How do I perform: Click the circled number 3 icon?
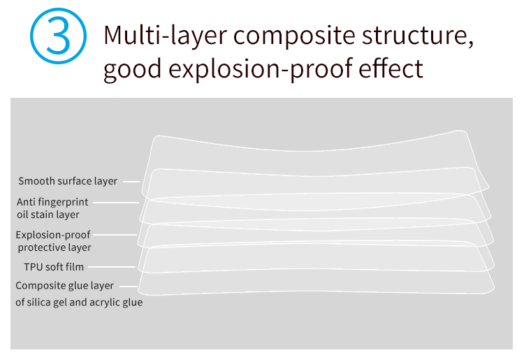(x=58, y=36)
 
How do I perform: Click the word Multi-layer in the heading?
(x=166, y=36)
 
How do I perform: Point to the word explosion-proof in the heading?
(x=261, y=69)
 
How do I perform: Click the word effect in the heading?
(x=391, y=68)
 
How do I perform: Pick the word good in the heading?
(x=133, y=69)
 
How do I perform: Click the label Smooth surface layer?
(x=68, y=181)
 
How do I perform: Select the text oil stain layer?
(x=48, y=215)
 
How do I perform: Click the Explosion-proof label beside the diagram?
(x=53, y=235)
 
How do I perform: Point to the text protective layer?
(x=54, y=247)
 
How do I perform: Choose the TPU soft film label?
(x=54, y=267)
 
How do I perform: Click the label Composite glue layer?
(x=64, y=286)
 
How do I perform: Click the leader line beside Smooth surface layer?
(x=131, y=182)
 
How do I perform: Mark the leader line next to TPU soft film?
(x=112, y=267)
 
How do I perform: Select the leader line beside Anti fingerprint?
(x=115, y=203)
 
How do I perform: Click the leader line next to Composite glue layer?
(x=129, y=287)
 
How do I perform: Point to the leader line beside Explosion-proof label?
(x=115, y=235)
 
